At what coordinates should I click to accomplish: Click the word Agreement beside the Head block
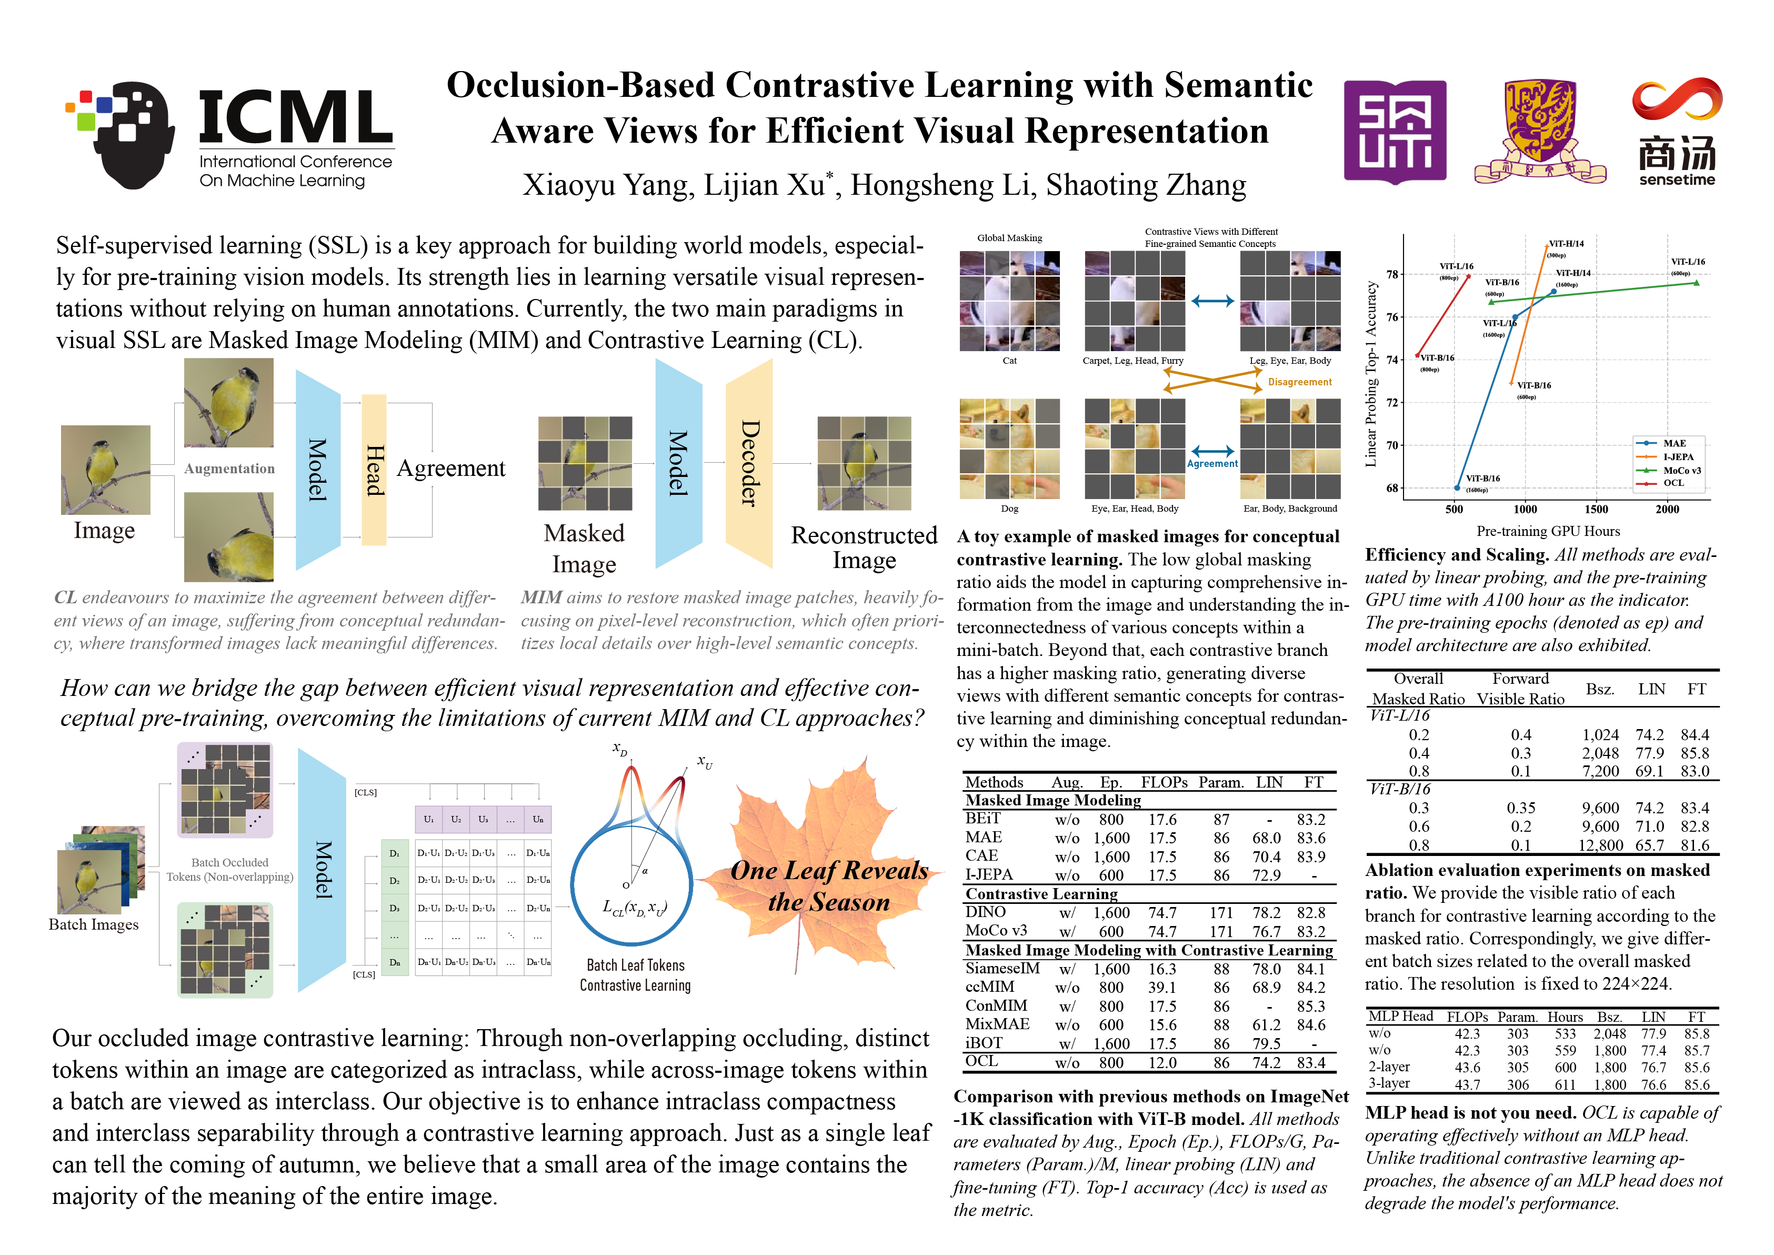[450, 469]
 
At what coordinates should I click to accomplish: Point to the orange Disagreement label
[1300, 382]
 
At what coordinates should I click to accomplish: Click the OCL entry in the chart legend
[1673, 483]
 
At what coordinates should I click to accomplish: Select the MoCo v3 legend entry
[1681, 470]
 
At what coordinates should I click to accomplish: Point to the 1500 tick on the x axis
[1596, 509]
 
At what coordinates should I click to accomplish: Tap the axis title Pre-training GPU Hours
[1548, 531]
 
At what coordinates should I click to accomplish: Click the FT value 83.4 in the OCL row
[1311, 1062]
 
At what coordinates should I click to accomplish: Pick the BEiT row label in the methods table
[983, 819]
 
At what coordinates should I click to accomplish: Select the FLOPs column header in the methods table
[1164, 782]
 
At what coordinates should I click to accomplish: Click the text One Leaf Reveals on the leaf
[829, 871]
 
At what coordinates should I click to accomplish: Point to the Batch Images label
[94, 924]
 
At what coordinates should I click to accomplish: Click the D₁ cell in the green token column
[395, 853]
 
